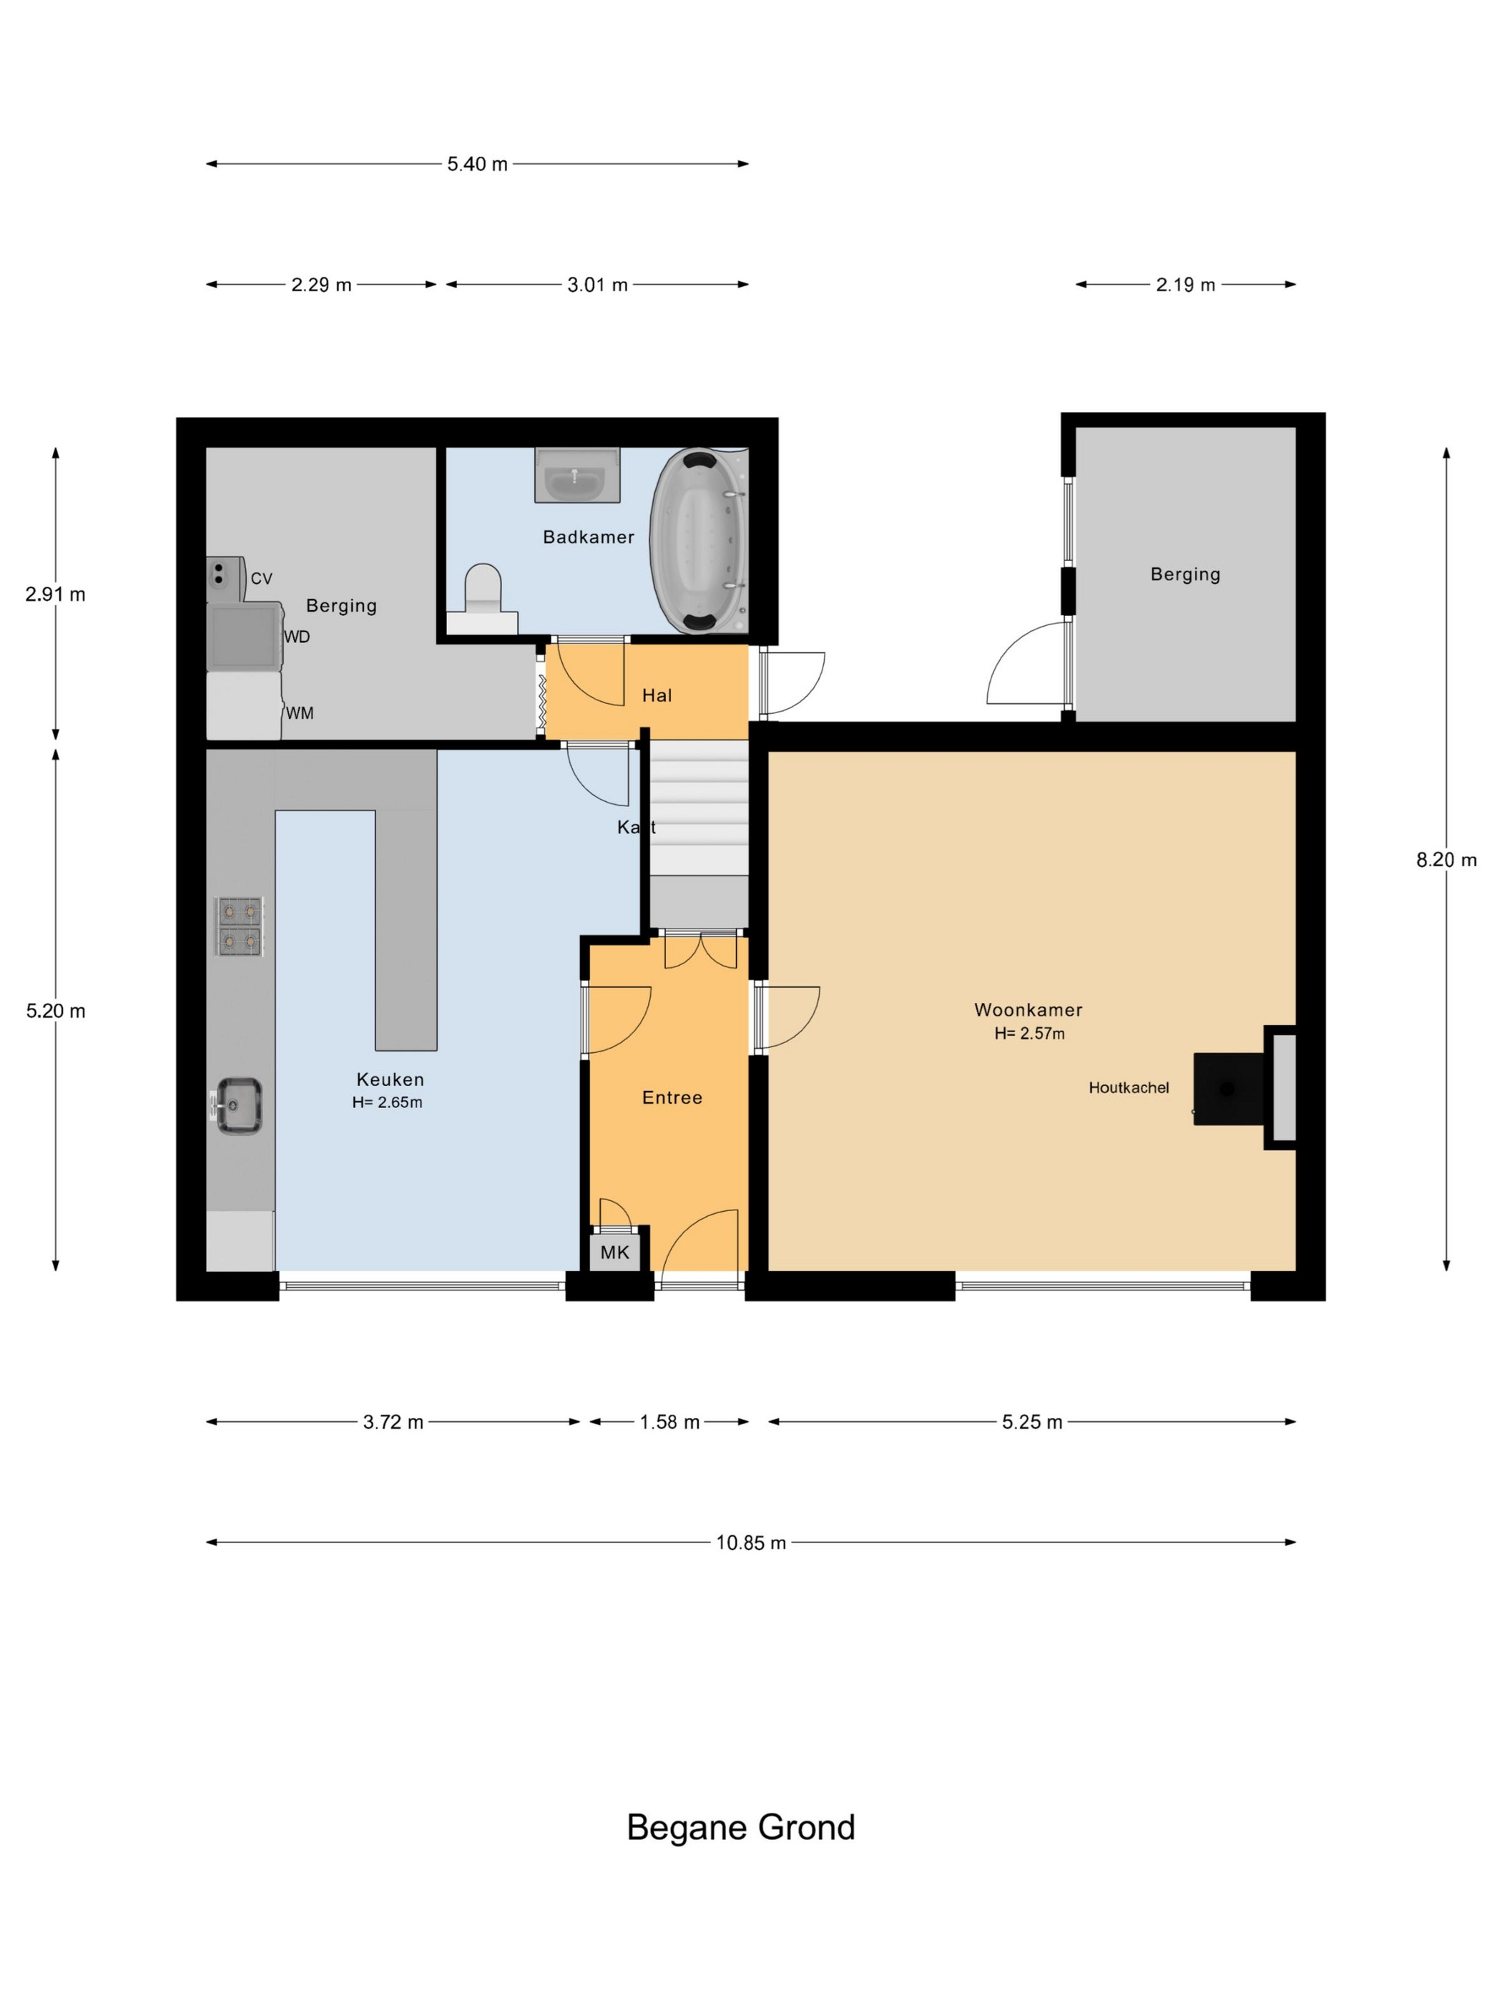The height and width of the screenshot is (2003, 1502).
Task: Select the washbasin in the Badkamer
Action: click(x=576, y=474)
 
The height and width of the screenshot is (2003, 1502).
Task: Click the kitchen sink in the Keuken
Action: click(x=237, y=1105)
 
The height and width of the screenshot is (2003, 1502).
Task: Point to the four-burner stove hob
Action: click(x=240, y=926)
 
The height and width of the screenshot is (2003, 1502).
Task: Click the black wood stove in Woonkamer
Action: click(x=1229, y=1089)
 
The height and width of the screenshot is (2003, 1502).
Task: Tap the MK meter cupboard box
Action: click(x=614, y=1253)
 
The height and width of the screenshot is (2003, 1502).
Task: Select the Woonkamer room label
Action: click(x=1029, y=1009)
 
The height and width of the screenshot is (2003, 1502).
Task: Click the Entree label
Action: click(x=672, y=1097)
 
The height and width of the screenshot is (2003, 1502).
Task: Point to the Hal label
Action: click(x=657, y=695)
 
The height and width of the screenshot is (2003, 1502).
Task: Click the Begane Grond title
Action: click(x=740, y=1827)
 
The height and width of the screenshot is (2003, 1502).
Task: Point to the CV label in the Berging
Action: click(x=261, y=579)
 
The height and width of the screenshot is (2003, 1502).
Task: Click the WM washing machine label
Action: click(x=300, y=713)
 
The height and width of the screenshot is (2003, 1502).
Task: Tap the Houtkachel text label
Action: click(x=1128, y=1087)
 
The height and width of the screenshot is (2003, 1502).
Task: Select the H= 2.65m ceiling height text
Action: click(x=387, y=1102)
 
